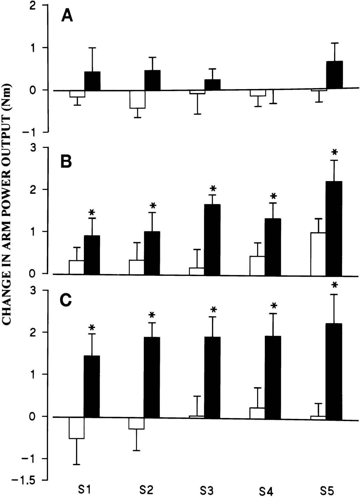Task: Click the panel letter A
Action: (67, 15)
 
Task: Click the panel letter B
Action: (66, 162)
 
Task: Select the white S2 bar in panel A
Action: (137, 99)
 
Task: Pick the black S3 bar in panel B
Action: (212, 239)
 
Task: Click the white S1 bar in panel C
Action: (76, 428)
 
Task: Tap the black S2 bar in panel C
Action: (152, 377)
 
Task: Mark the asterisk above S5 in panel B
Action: (335, 152)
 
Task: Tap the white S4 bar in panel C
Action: (257, 413)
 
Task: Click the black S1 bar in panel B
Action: (92, 255)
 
